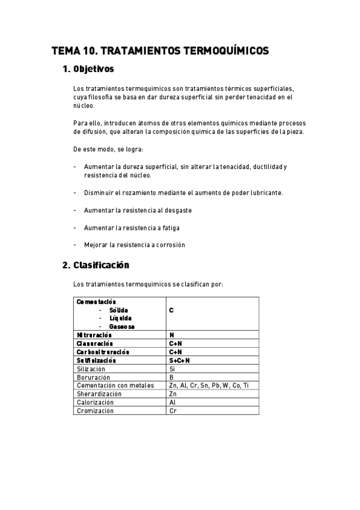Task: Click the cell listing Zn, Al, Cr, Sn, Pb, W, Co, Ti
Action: pyautogui.click(x=209, y=386)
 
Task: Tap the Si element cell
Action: pyautogui.click(x=172, y=369)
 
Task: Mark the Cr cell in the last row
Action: pyautogui.click(x=172, y=411)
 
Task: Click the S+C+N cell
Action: pyautogui.click(x=179, y=360)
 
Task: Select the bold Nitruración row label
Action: pyautogui.click(x=94, y=334)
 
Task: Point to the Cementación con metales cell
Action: pyautogui.click(x=115, y=386)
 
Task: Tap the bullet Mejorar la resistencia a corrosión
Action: pyautogui.click(x=134, y=245)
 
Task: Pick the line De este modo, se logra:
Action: pyautogui.click(x=108, y=149)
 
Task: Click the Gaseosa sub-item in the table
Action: pyautogui.click(x=122, y=327)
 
